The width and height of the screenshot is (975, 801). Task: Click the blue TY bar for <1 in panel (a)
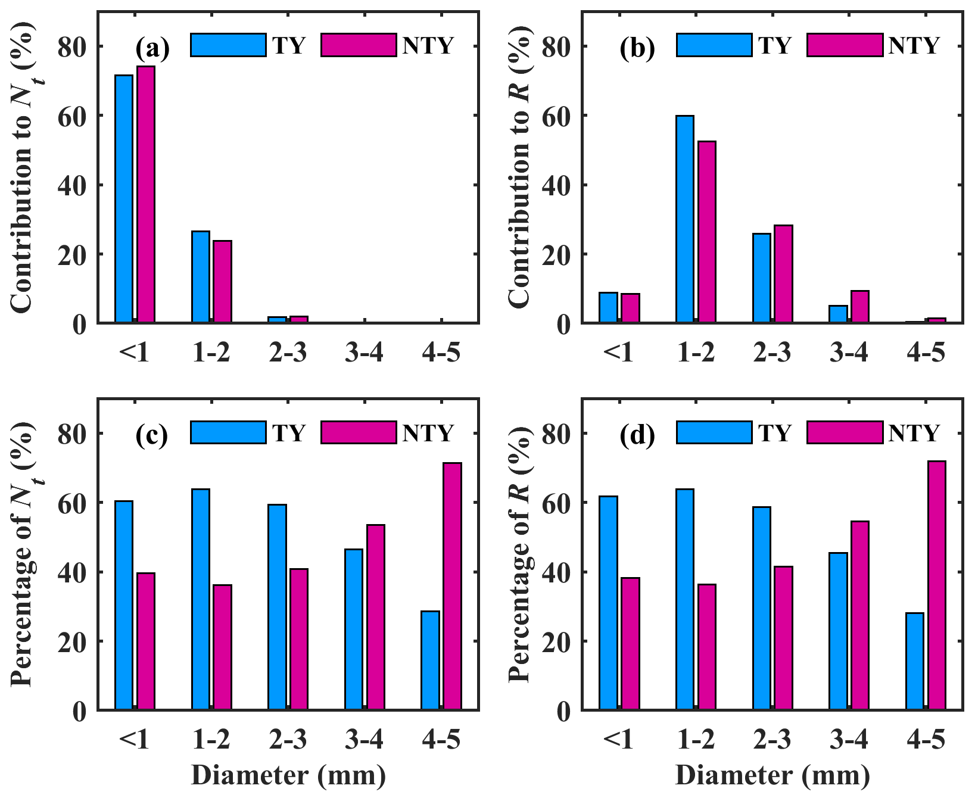pyautogui.click(x=124, y=199)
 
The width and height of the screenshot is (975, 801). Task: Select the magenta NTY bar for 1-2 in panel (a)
pyautogui.click(x=222, y=282)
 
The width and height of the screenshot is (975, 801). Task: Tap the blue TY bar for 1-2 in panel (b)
pyautogui.click(x=685, y=219)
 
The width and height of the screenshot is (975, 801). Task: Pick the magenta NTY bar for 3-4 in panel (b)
pyautogui.click(x=859, y=307)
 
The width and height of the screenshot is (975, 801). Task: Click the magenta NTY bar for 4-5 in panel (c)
pyautogui.click(x=452, y=586)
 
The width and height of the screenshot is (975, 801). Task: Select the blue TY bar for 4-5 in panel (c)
pyautogui.click(x=430, y=660)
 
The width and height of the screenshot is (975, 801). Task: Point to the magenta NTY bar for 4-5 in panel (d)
pyautogui.click(x=936, y=585)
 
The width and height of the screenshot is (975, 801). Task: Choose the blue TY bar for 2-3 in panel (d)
pyautogui.click(x=761, y=608)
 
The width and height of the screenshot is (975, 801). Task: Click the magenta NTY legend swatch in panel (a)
pyautogui.click(x=359, y=45)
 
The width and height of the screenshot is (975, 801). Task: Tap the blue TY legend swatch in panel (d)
pyautogui.click(x=714, y=432)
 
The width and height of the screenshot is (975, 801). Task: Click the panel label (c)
pyautogui.click(x=152, y=435)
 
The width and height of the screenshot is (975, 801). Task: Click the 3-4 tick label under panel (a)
pyautogui.click(x=364, y=354)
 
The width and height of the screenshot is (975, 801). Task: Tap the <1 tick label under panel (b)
pyautogui.click(x=618, y=354)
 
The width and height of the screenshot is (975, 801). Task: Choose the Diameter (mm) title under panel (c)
pyautogui.click(x=288, y=775)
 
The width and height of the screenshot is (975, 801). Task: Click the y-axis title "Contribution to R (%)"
pyautogui.click(x=519, y=169)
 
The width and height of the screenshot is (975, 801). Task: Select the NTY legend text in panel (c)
pyautogui.click(x=428, y=433)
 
